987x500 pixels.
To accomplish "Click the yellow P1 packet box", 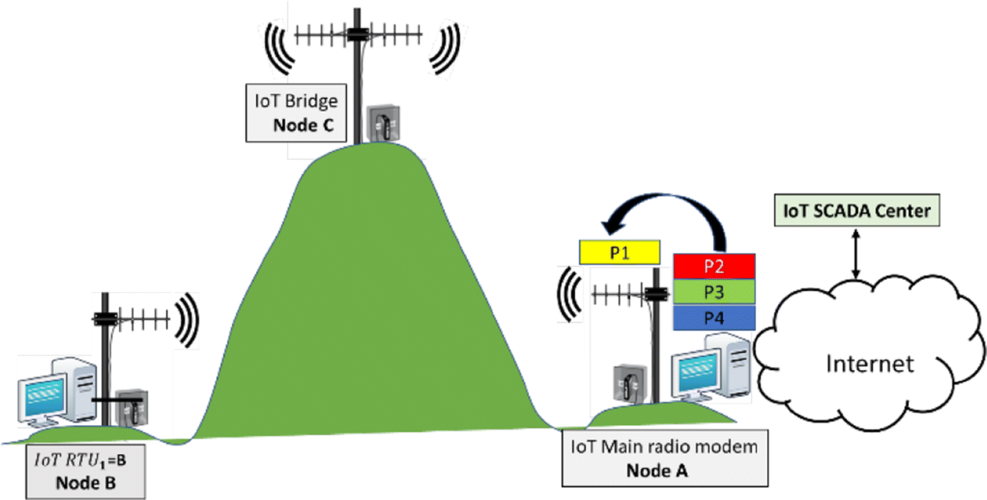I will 620,252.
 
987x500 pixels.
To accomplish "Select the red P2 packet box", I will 713,267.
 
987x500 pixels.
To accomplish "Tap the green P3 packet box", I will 713,293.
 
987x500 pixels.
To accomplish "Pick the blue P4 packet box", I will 713,317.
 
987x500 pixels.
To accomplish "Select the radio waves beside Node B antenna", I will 188,322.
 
